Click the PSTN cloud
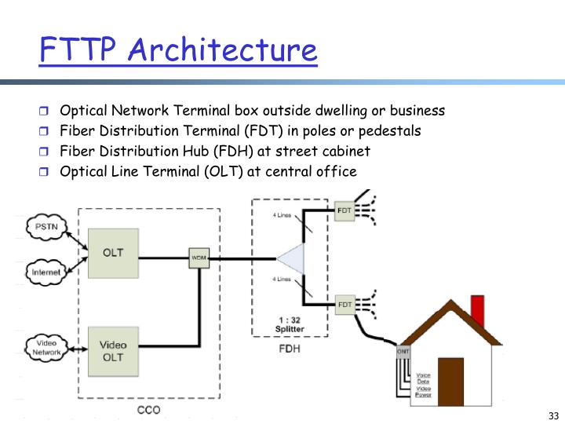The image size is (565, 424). pyautogui.click(x=45, y=228)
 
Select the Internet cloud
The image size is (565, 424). pyautogui.click(x=45, y=272)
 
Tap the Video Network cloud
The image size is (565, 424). pyautogui.click(x=46, y=347)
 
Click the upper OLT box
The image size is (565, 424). pyautogui.click(x=112, y=253)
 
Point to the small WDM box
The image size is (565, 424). pyautogui.click(x=199, y=258)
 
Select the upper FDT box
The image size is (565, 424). pyautogui.click(x=344, y=210)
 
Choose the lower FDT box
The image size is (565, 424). pyautogui.click(x=344, y=304)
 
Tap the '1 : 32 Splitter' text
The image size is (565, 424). pyautogui.click(x=290, y=324)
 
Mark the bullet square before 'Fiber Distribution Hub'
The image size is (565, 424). pyautogui.click(x=45, y=152)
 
